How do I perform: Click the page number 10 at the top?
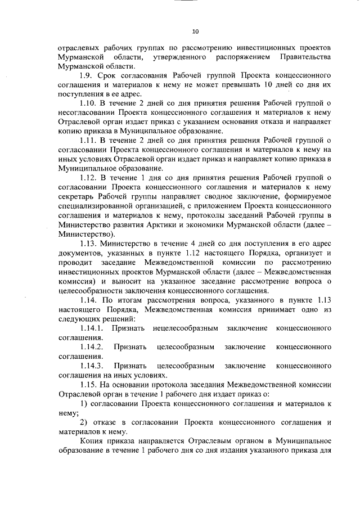(x=195, y=31)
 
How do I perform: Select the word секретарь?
(x=79, y=196)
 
